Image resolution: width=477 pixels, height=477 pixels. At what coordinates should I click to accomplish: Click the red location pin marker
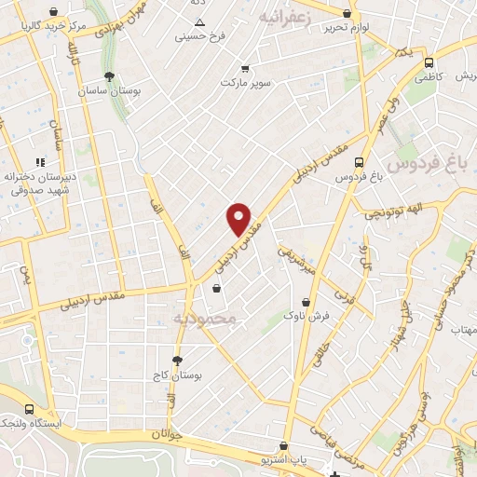click(239, 218)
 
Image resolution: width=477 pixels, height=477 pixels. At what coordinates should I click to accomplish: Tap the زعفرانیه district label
click(283, 18)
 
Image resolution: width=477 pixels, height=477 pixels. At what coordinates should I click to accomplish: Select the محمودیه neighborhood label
click(207, 319)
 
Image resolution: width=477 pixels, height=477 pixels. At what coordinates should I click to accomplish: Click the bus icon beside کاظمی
click(429, 63)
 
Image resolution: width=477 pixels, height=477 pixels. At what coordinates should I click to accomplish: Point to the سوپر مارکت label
click(245, 83)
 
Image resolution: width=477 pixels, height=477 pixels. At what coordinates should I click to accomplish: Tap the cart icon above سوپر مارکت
click(245, 68)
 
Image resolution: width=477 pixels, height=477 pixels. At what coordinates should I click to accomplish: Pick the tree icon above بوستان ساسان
click(111, 76)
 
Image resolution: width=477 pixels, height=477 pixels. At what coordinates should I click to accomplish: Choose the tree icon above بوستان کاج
click(177, 359)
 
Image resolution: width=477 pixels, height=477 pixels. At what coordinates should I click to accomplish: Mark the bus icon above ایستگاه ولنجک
click(30, 409)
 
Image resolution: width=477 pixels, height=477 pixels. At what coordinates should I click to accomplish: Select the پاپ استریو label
click(284, 461)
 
